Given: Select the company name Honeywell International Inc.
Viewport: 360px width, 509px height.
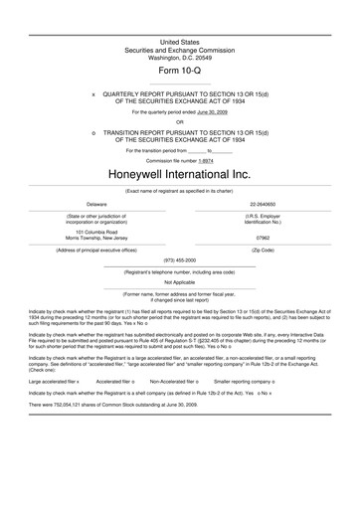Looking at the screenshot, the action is point(180,173).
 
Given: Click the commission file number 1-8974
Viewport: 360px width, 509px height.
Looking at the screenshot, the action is point(206,159).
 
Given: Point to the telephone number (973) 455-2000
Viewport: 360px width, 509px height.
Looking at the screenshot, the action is point(180,259).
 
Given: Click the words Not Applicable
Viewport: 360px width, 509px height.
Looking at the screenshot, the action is point(180,281).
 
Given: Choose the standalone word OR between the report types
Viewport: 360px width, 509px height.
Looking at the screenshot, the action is point(180,122).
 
